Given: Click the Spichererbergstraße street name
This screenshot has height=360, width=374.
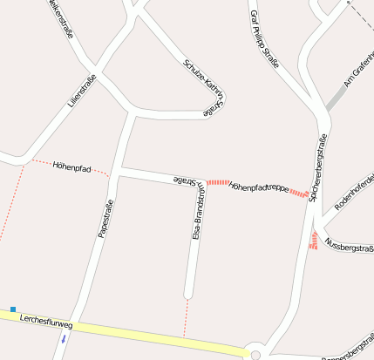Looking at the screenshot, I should pyautogui.click(x=317, y=166).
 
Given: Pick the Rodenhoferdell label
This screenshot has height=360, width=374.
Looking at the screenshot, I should pyautogui.click(x=353, y=193).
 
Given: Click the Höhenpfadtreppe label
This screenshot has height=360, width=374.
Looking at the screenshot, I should pyautogui.click(x=258, y=187).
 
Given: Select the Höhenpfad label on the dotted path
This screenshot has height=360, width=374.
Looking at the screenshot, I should pyautogui.click(x=71, y=165).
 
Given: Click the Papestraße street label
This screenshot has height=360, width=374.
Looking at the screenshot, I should pyautogui.click(x=106, y=219).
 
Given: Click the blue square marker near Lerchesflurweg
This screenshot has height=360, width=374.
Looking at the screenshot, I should pyautogui.click(x=13, y=309).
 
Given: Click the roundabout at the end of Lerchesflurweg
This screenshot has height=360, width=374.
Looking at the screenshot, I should pyautogui.click(x=255, y=355).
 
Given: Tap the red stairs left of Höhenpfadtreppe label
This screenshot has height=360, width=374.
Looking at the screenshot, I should pyautogui.click(x=218, y=183).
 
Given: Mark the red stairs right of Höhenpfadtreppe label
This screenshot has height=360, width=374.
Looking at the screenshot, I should pyautogui.click(x=298, y=193).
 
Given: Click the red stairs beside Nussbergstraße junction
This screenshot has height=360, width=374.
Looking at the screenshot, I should pyautogui.click(x=313, y=240).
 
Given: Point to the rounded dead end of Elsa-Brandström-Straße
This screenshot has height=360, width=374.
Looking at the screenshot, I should pyautogui.click(x=188, y=292).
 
